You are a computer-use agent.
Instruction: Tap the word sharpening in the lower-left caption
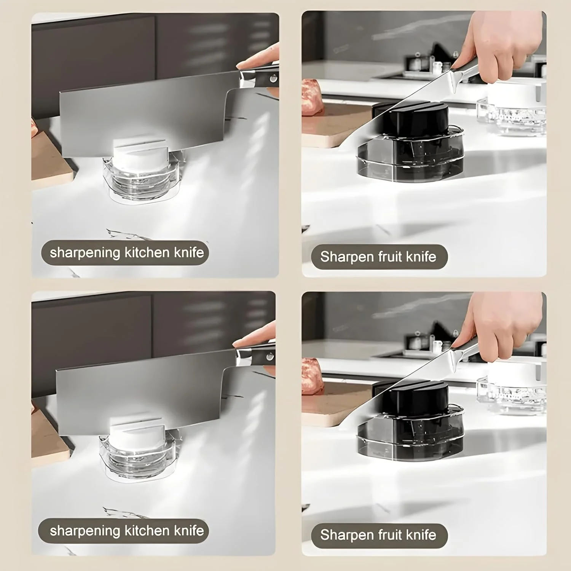(x=85, y=531)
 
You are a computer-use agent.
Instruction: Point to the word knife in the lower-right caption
(x=421, y=535)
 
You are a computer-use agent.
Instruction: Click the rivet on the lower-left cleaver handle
(x=269, y=357)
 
